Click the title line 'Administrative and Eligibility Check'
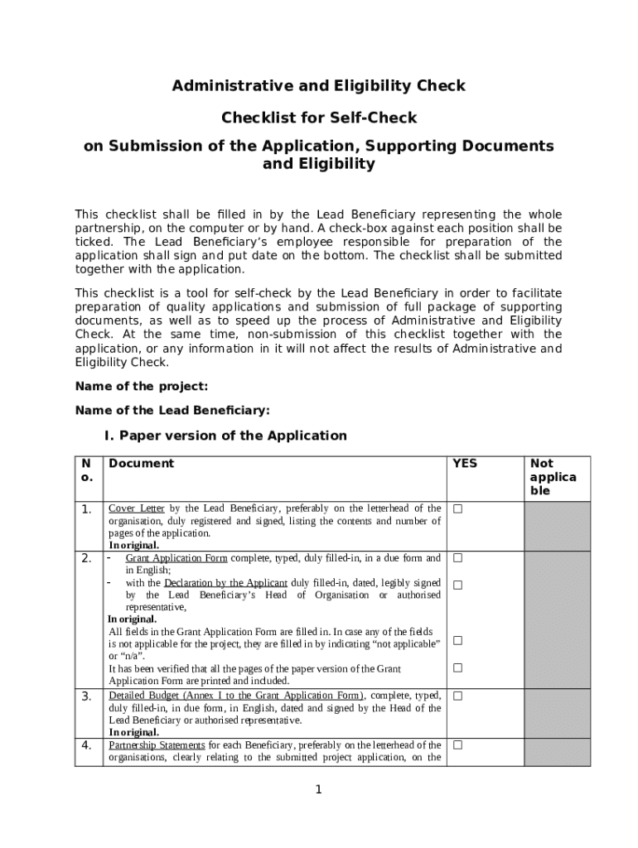(318, 86)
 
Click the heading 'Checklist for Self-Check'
(318, 118)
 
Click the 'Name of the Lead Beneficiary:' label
(172, 410)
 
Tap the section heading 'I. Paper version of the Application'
(225, 436)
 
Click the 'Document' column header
(141, 464)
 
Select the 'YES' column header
(464, 464)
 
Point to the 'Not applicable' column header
(553, 477)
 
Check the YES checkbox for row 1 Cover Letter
(457, 508)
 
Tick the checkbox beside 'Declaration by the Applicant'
(457, 585)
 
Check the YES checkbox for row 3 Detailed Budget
(457, 696)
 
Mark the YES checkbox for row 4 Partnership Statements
(457, 745)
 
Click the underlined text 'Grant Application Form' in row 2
(176, 558)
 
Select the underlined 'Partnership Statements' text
(157, 745)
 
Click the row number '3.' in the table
(87, 696)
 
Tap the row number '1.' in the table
(87, 509)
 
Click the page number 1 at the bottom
(318, 790)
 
